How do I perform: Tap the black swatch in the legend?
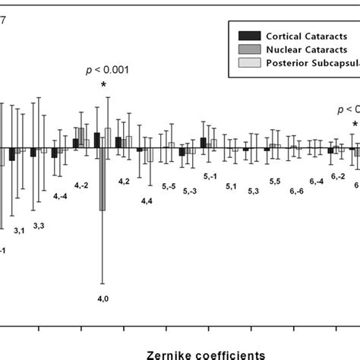[248, 35]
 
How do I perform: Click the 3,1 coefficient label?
[20, 230]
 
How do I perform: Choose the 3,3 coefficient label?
[39, 226]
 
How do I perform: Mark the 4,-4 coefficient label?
[61, 196]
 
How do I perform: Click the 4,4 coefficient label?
[146, 201]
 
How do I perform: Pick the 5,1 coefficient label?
[232, 186]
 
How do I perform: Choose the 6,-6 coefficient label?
[296, 191]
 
